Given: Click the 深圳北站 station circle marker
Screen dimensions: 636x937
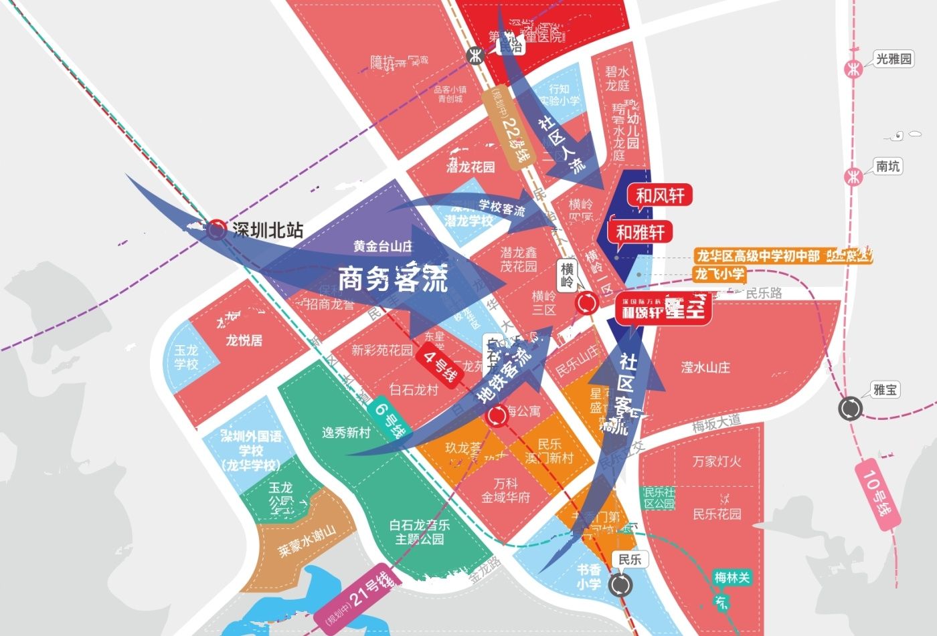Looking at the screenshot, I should pos(216,230).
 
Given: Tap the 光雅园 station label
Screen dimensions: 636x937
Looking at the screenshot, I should pos(893,59).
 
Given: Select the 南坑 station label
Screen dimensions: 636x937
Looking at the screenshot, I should pos(887,166).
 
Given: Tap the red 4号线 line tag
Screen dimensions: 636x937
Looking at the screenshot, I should pos(439,366).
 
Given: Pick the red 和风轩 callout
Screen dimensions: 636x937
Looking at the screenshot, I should pos(660,195).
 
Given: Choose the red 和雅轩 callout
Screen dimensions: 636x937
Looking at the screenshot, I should pos(640,232).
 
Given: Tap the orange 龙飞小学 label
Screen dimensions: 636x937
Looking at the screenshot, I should pos(719,274).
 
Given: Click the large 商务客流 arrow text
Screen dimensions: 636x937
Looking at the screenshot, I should pos(392,279).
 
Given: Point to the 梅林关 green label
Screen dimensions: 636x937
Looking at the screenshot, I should pos(732,577).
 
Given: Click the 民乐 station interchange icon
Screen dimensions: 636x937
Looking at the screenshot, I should pos(620,585).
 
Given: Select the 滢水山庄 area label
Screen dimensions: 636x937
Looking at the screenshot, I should pos(705,366).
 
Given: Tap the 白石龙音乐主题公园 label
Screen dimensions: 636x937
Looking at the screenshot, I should pos(420,532).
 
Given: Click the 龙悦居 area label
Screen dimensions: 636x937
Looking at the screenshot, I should pos(244,340).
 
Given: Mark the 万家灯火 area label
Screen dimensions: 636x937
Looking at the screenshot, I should pos(717,461).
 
